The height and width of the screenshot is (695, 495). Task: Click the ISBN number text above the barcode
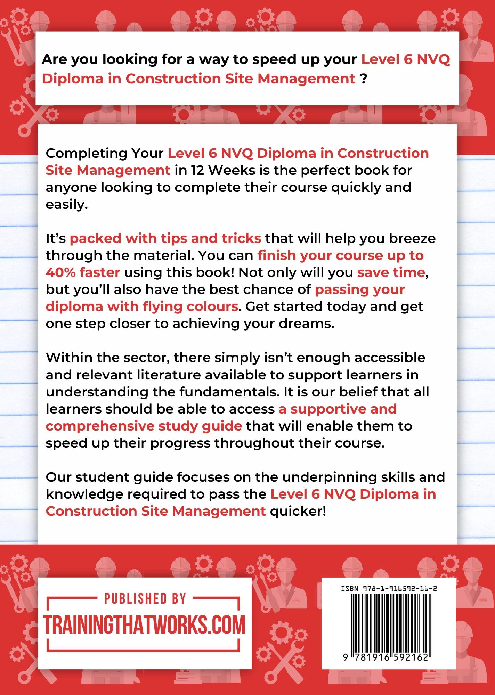[x=389, y=589]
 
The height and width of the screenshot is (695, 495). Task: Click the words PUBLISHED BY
[x=145, y=599]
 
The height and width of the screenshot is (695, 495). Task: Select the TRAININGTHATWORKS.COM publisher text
[x=144, y=624]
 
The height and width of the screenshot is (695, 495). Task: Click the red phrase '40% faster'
[x=83, y=272]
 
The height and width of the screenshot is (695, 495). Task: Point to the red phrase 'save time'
[x=391, y=272]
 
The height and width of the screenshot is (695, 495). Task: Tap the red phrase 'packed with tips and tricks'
[x=165, y=238]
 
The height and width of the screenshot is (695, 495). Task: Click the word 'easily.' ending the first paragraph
[x=67, y=205]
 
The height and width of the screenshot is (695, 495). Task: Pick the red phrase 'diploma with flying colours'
[x=142, y=306]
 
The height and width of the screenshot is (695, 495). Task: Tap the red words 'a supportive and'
[x=338, y=409]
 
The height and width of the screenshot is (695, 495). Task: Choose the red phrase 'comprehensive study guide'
[x=144, y=426]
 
